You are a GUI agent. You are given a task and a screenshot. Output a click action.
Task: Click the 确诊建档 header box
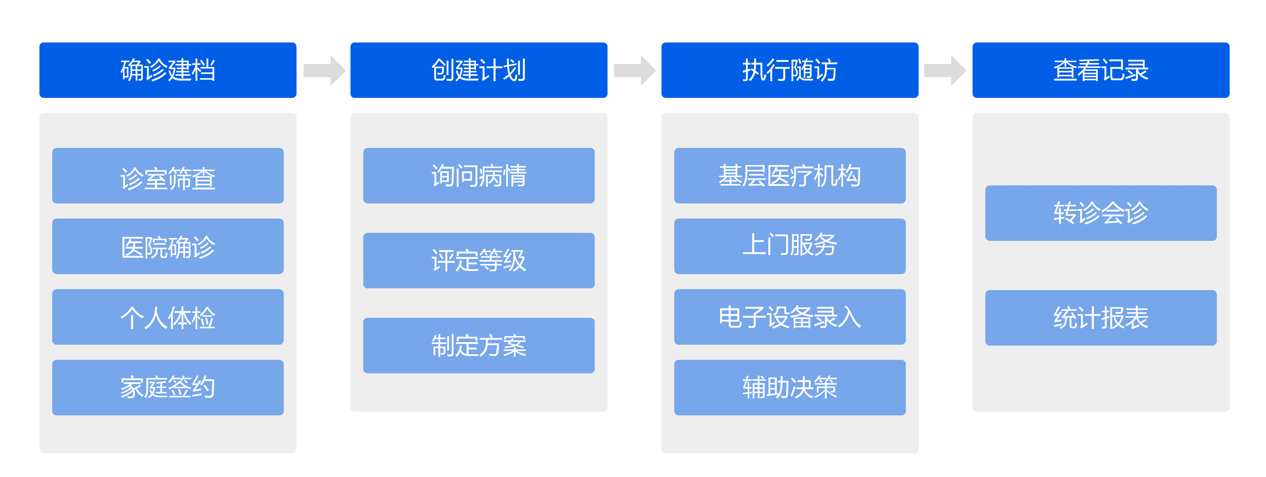tap(168, 70)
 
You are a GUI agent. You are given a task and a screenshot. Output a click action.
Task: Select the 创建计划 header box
tap(479, 70)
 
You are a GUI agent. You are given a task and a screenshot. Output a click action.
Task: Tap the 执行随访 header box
tap(790, 70)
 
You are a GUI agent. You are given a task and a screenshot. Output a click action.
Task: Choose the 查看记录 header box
tap(1101, 70)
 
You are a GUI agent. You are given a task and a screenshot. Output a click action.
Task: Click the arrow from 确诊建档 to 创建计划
tap(324, 70)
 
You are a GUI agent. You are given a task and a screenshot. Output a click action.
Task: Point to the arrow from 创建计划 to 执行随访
tap(635, 70)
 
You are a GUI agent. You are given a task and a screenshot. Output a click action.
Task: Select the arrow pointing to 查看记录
tap(945, 70)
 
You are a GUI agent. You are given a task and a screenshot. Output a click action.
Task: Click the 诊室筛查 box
tap(168, 176)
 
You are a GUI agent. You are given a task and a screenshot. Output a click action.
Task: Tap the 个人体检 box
tap(168, 317)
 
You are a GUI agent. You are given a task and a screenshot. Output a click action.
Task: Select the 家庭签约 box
tap(168, 387)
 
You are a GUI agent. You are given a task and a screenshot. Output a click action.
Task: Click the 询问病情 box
tap(479, 176)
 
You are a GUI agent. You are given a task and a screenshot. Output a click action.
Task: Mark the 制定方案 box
tap(479, 345)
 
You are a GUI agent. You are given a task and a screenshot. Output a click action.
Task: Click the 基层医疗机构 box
tap(790, 176)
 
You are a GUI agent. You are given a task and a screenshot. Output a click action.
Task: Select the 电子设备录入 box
tap(790, 317)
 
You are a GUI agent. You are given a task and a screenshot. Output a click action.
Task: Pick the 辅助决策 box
tap(790, 387)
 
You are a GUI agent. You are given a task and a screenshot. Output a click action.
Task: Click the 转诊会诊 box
tap(1101, 213)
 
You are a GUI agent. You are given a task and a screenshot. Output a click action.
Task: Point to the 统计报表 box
tap(1101, 318)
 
